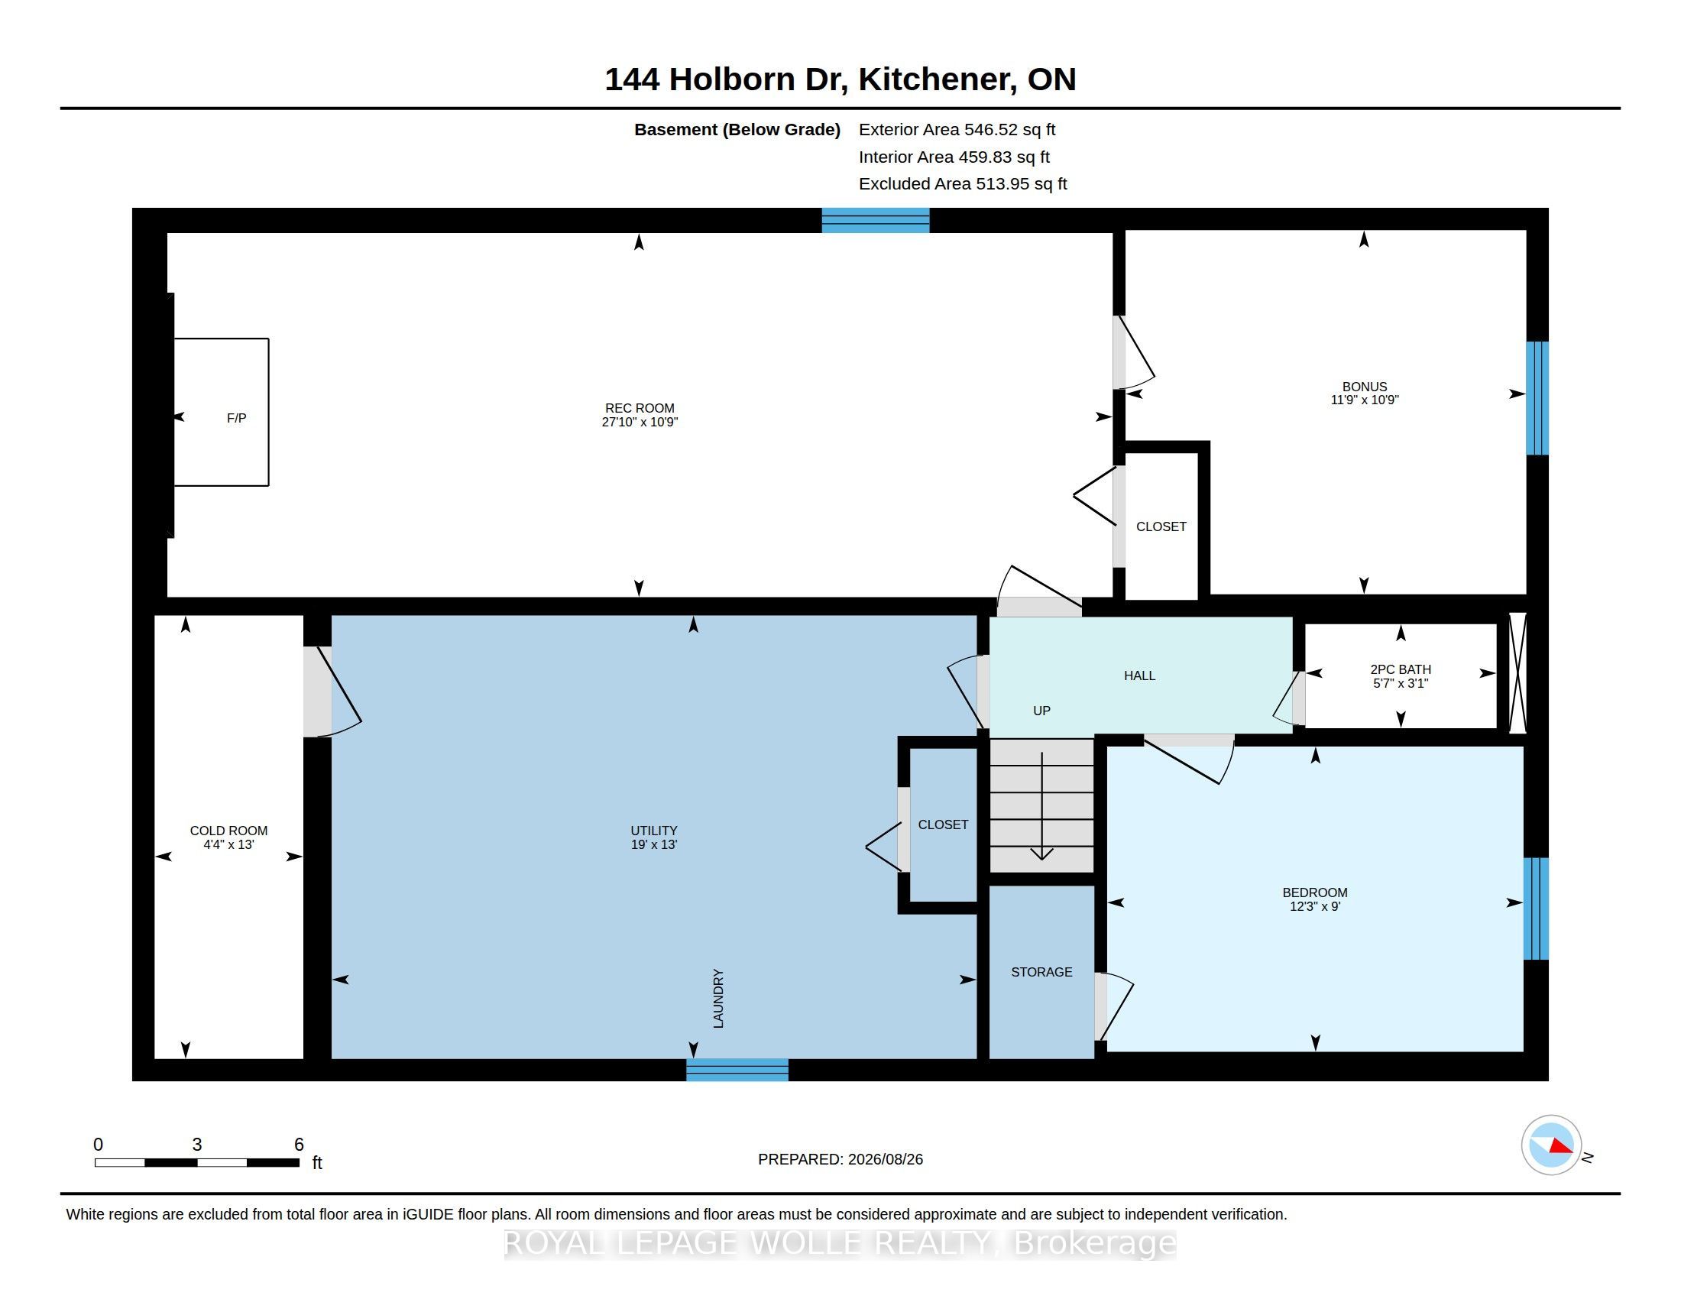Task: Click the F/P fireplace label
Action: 236,418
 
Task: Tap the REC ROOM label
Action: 640,408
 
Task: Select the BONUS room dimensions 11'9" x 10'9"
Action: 1364,400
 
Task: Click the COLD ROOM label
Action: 228,831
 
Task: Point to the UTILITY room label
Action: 654,831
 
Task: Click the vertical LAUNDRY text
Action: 718,998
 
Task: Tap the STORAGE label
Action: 1041,972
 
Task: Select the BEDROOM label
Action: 1315,892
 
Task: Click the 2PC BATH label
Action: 1400,669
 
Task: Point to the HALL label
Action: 1139,675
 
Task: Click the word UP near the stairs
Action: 1041,711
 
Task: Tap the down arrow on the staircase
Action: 1042,805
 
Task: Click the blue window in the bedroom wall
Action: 1537,909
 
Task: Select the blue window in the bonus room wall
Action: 1537,398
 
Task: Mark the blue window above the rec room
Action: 875,220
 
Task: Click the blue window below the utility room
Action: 737,1070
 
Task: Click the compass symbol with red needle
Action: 1551,1145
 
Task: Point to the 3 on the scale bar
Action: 197,1145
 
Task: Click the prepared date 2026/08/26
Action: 885,1159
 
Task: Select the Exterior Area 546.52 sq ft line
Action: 957,130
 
